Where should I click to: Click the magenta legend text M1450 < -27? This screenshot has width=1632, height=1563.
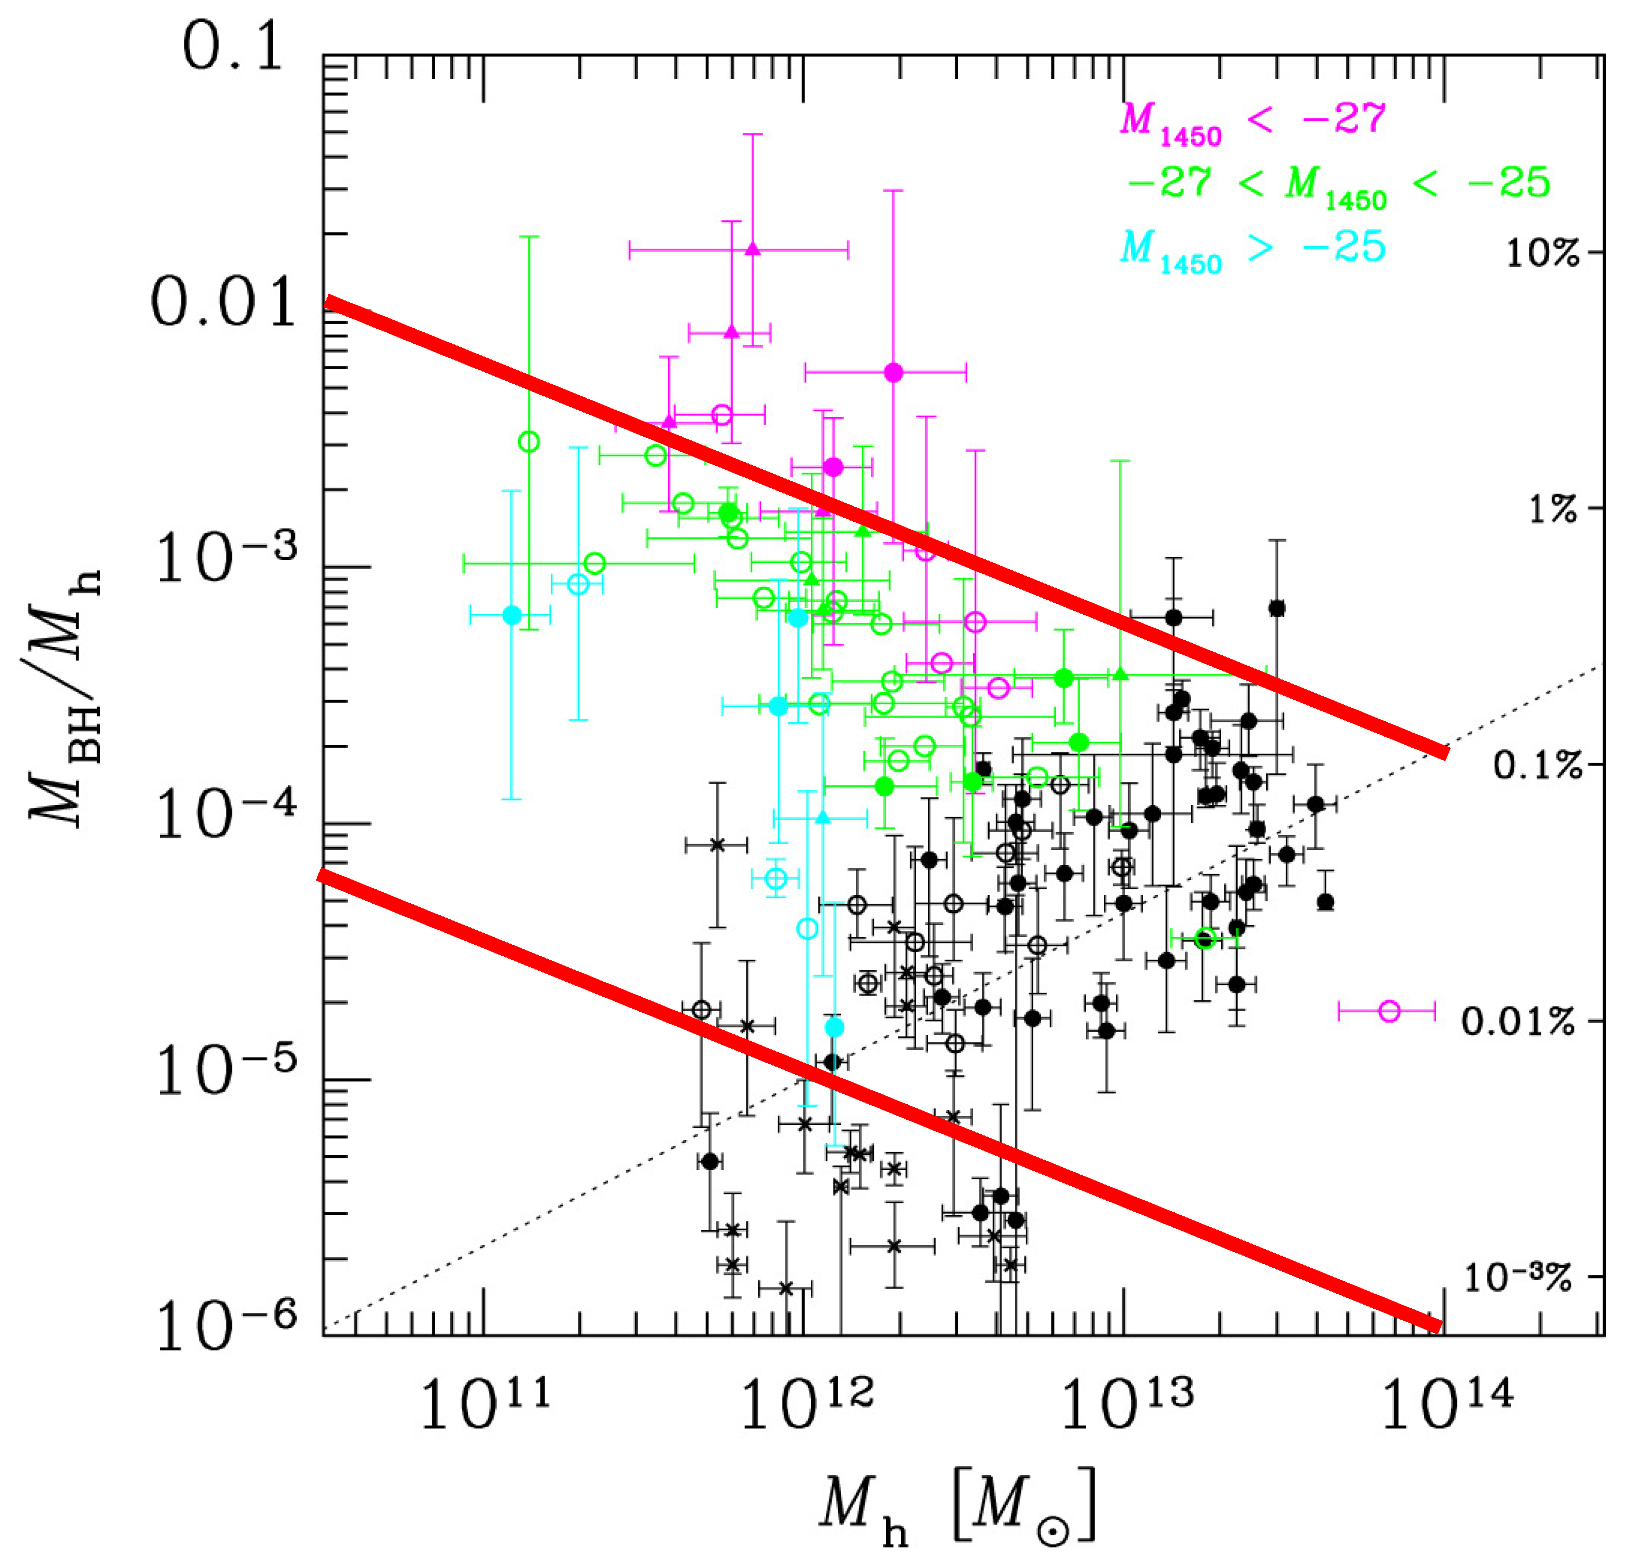click(1252, 122)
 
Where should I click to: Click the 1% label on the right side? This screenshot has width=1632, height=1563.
click(1552, 510)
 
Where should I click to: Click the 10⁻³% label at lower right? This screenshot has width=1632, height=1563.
click(1517, 1278)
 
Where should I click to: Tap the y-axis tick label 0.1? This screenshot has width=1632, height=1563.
click(233, 49)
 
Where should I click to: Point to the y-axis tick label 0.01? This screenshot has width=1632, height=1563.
click(223, 303)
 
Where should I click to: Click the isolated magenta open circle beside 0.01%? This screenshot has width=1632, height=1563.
click(1389, 1012)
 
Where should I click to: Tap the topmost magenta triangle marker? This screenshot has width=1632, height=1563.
click(752, 248)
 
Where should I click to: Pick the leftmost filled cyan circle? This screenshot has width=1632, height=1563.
click(512, 615)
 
